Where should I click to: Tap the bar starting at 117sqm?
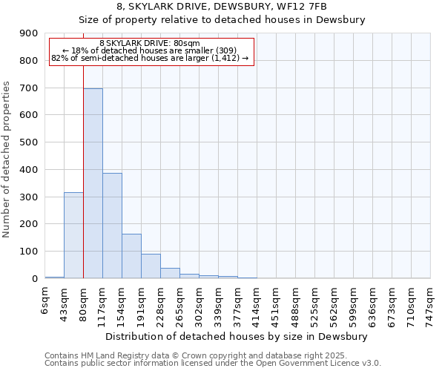(112, 226)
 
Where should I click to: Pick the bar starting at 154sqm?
(131, 256)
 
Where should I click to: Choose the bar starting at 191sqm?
(151, 266)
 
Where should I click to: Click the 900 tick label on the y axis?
(29, 33)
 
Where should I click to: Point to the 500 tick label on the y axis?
(29, 142)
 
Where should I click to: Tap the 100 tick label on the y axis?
(29, 252)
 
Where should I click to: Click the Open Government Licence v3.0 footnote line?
(213, 363)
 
